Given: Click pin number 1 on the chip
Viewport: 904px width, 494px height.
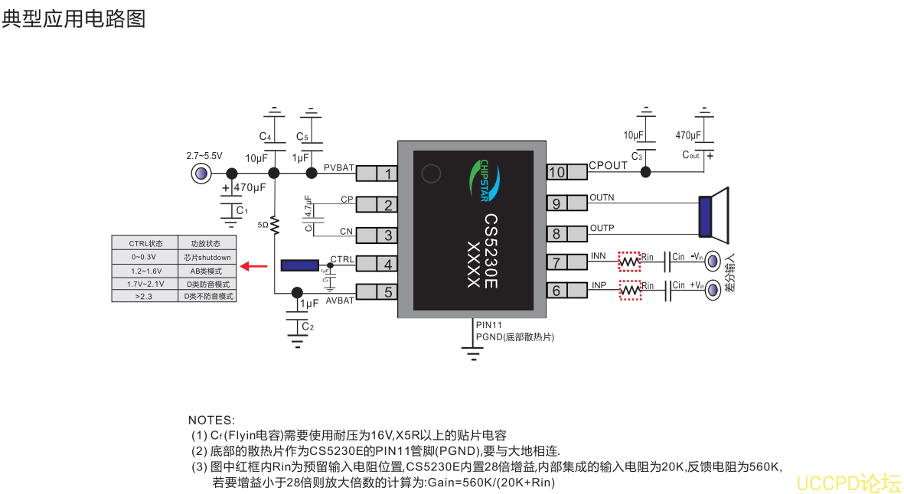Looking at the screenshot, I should [388, 174].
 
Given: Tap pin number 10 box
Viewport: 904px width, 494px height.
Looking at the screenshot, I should [556, 172].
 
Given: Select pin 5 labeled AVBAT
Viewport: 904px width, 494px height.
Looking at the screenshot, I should [388, 292].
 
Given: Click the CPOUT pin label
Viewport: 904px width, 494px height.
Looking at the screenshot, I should [608, 166].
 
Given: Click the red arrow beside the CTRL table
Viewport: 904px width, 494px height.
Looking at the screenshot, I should [254, 266].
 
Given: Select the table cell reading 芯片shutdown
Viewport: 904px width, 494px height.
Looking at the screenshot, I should [207, 258].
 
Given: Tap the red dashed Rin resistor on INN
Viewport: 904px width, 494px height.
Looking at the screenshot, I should [629, 262].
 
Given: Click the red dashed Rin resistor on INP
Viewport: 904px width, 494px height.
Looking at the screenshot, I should [629, 291].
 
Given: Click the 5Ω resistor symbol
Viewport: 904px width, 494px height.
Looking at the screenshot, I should [275, 225].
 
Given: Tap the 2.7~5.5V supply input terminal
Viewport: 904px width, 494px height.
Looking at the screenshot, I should [201, 174].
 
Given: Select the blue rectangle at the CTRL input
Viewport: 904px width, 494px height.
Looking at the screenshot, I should [300, 265].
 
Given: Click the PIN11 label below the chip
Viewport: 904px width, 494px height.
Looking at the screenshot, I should [488, 326].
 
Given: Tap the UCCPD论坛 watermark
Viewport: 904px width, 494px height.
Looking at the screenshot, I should [848, 483].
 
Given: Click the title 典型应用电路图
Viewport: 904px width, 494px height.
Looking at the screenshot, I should [73, 18].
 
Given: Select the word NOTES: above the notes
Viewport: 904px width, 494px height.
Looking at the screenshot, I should [212, 421].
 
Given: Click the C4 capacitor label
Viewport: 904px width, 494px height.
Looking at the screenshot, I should [265, 137].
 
